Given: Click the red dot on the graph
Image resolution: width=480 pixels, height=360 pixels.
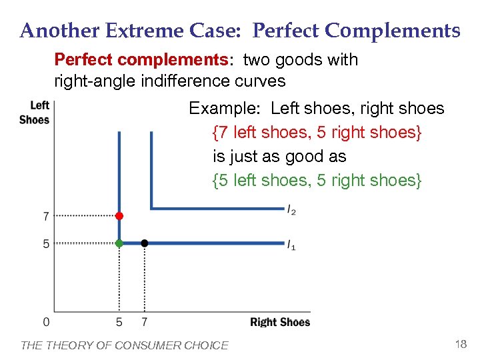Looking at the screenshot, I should [x=119, y=216].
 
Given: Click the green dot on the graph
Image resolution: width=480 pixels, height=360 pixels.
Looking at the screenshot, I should [x=119, y=243].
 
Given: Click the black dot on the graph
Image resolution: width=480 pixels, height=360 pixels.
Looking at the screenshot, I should [x=145, y=243].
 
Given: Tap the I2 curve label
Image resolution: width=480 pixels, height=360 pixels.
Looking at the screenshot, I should [x=292, y=211].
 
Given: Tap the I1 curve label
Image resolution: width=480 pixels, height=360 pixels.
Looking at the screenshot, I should [x=292, y=246].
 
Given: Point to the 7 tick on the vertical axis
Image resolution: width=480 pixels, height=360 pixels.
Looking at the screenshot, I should [x=46, y=216].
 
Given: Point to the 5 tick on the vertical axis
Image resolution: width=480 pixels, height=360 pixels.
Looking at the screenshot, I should [x=46, y=244].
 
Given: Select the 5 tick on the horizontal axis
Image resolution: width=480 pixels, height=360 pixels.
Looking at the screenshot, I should [x=119, y=323].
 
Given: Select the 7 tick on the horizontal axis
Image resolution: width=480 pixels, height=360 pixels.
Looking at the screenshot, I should [x=145, y=323].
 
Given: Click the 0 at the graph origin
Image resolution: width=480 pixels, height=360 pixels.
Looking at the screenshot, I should [x=46, y=323].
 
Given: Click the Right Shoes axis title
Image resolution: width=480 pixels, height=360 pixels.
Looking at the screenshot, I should [x=280, y=323].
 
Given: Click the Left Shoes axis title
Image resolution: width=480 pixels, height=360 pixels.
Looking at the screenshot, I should [x=35, y=112].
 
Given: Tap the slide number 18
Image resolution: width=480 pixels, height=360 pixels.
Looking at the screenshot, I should [x=460, y=344].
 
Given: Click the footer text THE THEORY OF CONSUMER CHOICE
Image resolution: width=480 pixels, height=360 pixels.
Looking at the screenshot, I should [x=125, y=345].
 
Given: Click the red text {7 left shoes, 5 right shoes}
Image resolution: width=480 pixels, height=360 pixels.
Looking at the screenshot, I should [x=317, y=132].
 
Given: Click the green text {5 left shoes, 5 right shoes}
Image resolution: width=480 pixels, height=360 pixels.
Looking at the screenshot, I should [x=317, y=180].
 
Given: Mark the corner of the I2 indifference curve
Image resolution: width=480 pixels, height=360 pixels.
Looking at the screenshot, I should [x=152, y=209].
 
